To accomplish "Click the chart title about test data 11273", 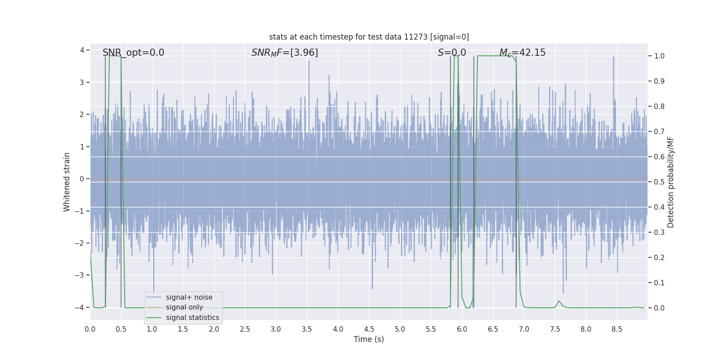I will [369, 37].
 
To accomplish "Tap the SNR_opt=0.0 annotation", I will [133, 53].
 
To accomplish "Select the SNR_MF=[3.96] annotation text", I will [284, 53].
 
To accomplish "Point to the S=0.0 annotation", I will [452, 53].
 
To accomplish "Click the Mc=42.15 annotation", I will [522, 53].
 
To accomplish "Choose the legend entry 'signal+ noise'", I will [189, 297].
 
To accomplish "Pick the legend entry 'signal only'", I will [184, 307].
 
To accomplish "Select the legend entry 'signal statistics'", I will [192, 318].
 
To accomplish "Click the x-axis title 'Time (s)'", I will [369, 339].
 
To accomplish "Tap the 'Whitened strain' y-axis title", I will [67, 182].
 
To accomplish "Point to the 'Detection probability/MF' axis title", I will [670, 182].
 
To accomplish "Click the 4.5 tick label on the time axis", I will [369, 329].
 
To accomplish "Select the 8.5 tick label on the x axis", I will [616, 329].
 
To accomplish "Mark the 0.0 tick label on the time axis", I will [90, 329].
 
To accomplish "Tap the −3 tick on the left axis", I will [81, 275].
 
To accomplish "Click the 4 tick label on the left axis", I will [82, 50].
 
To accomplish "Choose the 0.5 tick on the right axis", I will [659, 182].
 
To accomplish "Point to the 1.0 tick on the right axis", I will [659, 56].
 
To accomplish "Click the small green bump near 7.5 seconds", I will [559, 301].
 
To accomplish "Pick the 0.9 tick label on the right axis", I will [659, 81].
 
